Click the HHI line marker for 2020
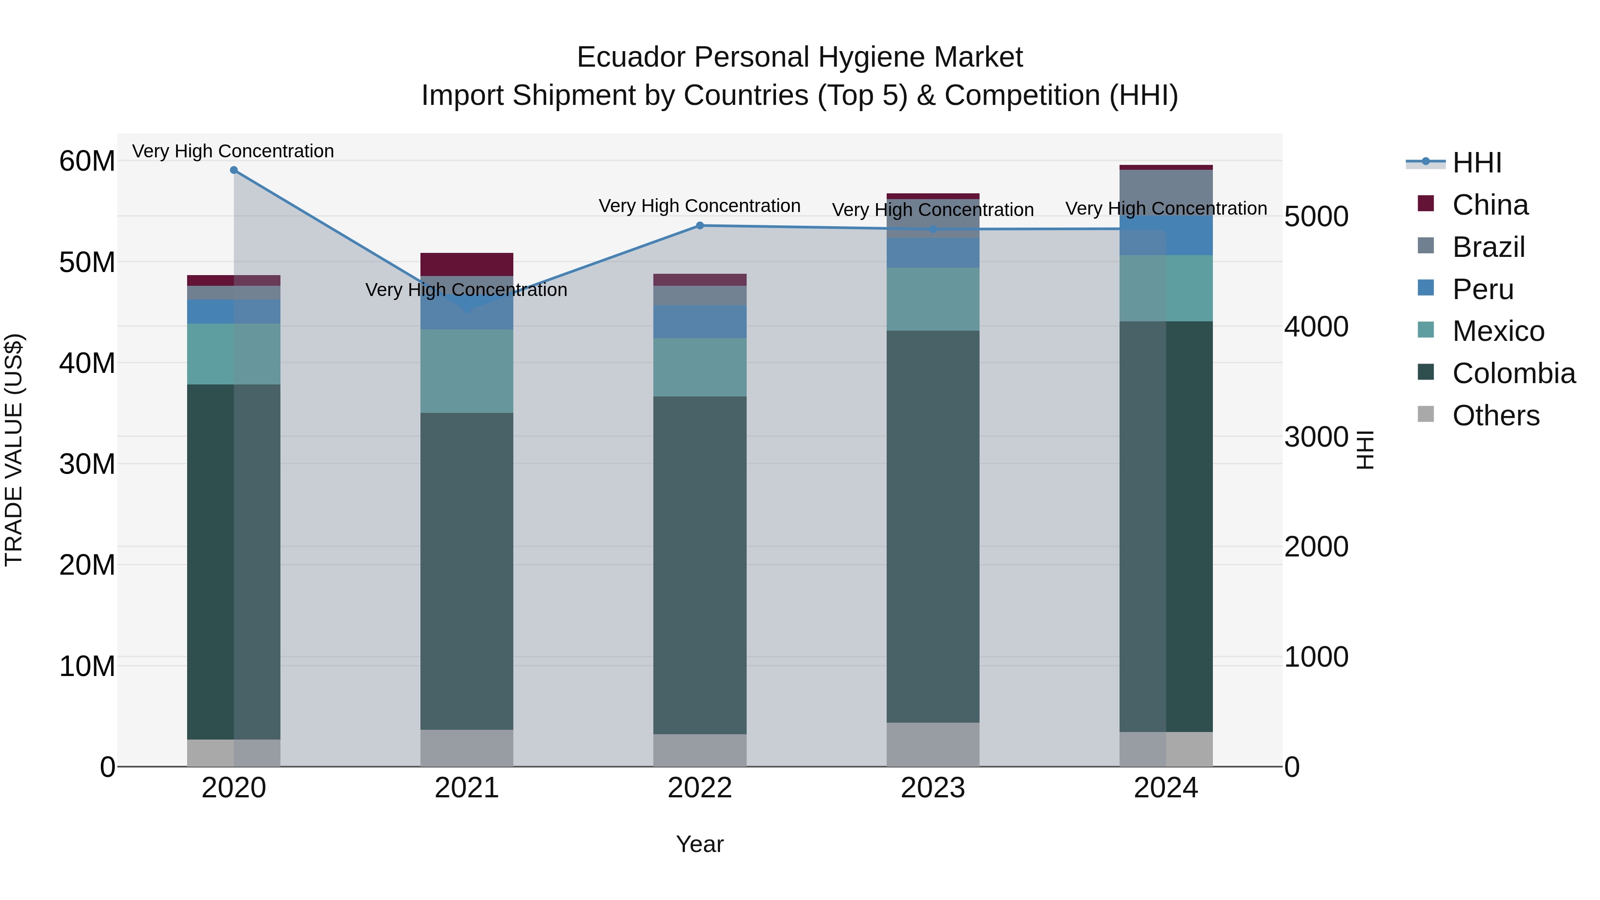coord(233,170)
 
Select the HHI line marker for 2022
coord(700,225)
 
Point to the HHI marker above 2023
coord(933,229)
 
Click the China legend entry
coord(1489,205)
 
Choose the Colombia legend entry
coord(1513,373)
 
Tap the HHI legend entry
coord(1476,163)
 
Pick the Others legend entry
coord(1495,416)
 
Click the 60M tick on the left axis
coord(87,161)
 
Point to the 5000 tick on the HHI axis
coord(1316,217)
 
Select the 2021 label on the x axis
coord(467,788)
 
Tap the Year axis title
coord(700,844)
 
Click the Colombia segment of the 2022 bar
coord(700,565)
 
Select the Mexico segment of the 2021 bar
coord(467,371)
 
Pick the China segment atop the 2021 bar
coord(467,264)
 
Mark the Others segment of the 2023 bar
coord(933,744)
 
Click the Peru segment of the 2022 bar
coord(700,322)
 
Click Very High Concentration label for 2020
coord(233,151)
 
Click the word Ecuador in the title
coord(631,57)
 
